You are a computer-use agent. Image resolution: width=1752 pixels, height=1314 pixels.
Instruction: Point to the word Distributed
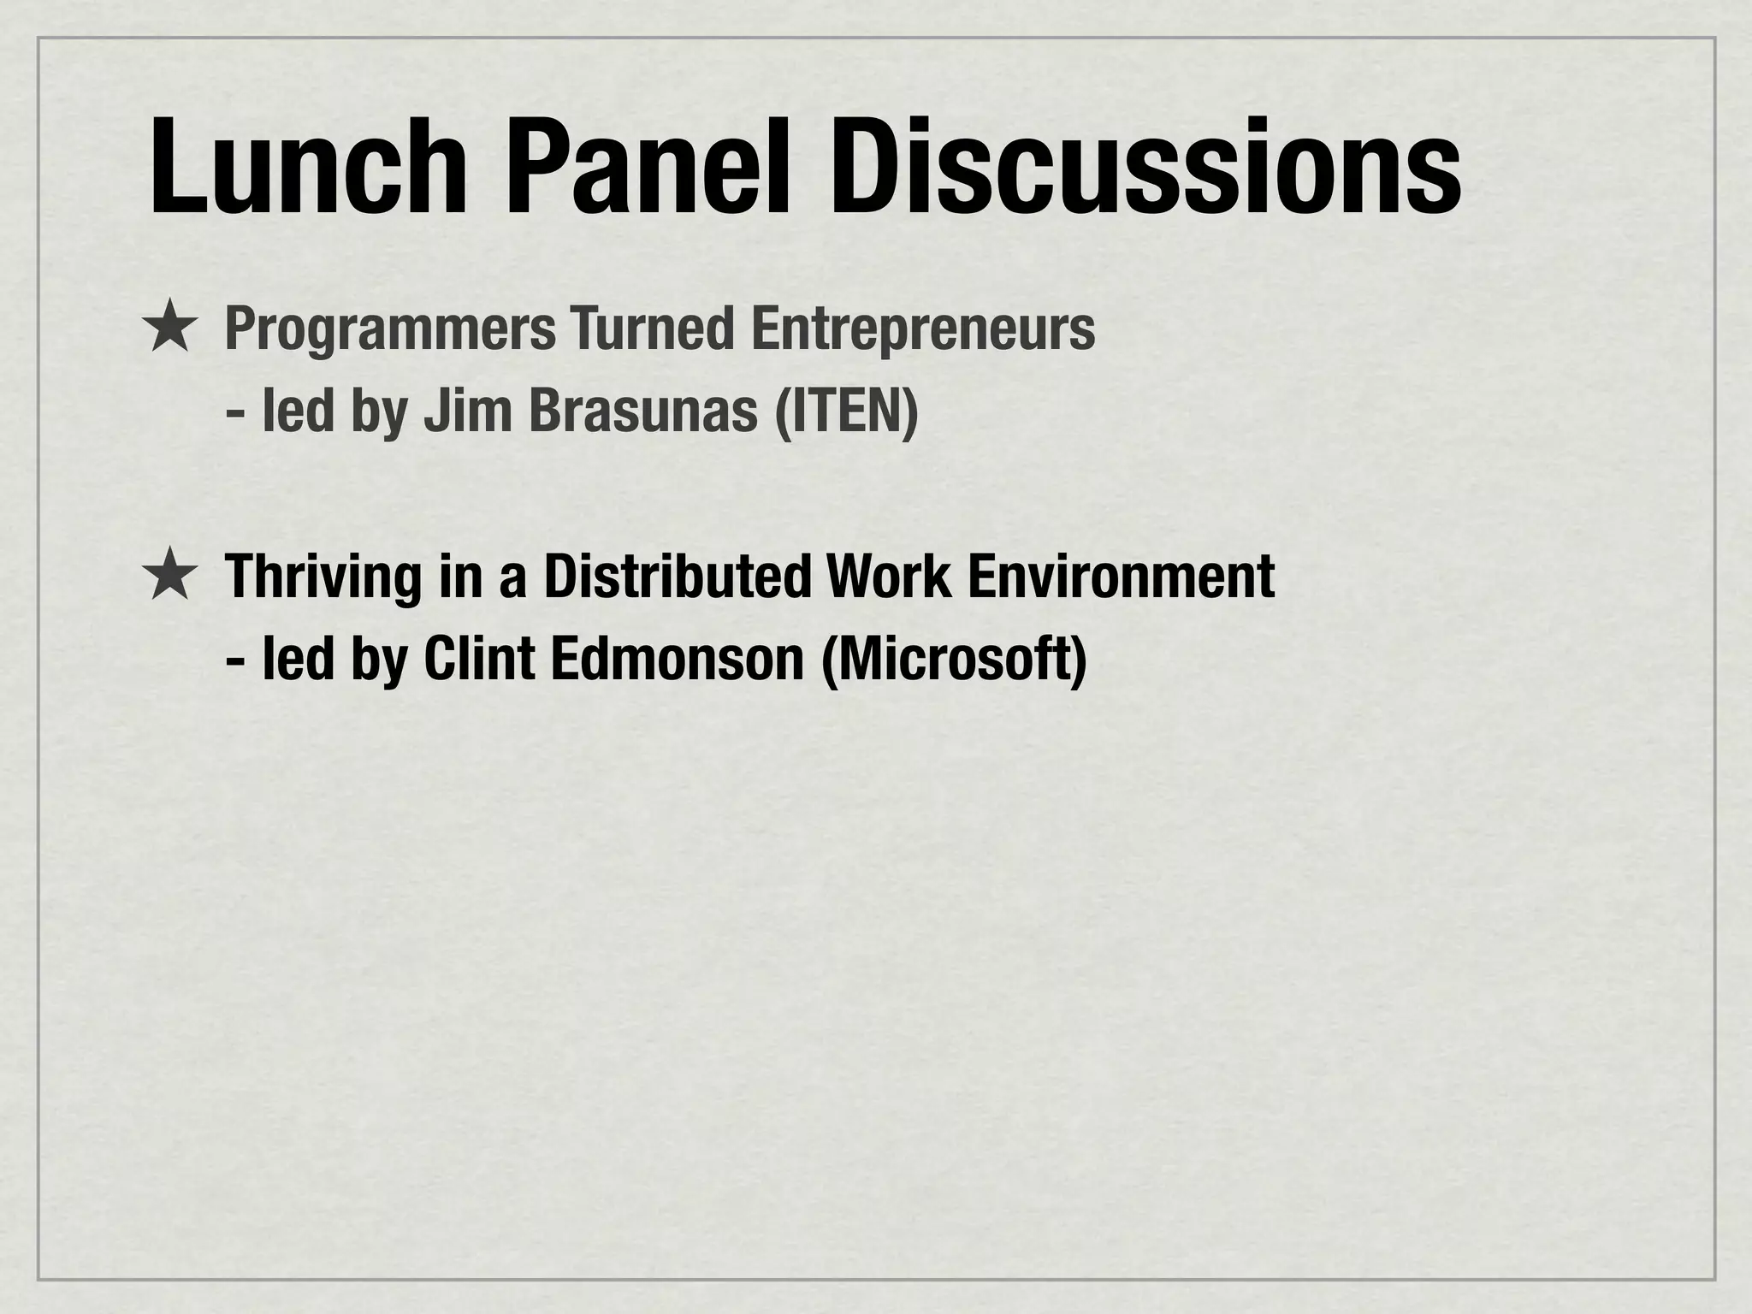tap(677, 577)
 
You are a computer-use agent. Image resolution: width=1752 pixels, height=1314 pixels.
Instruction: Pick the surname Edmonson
tap(677, 660)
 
